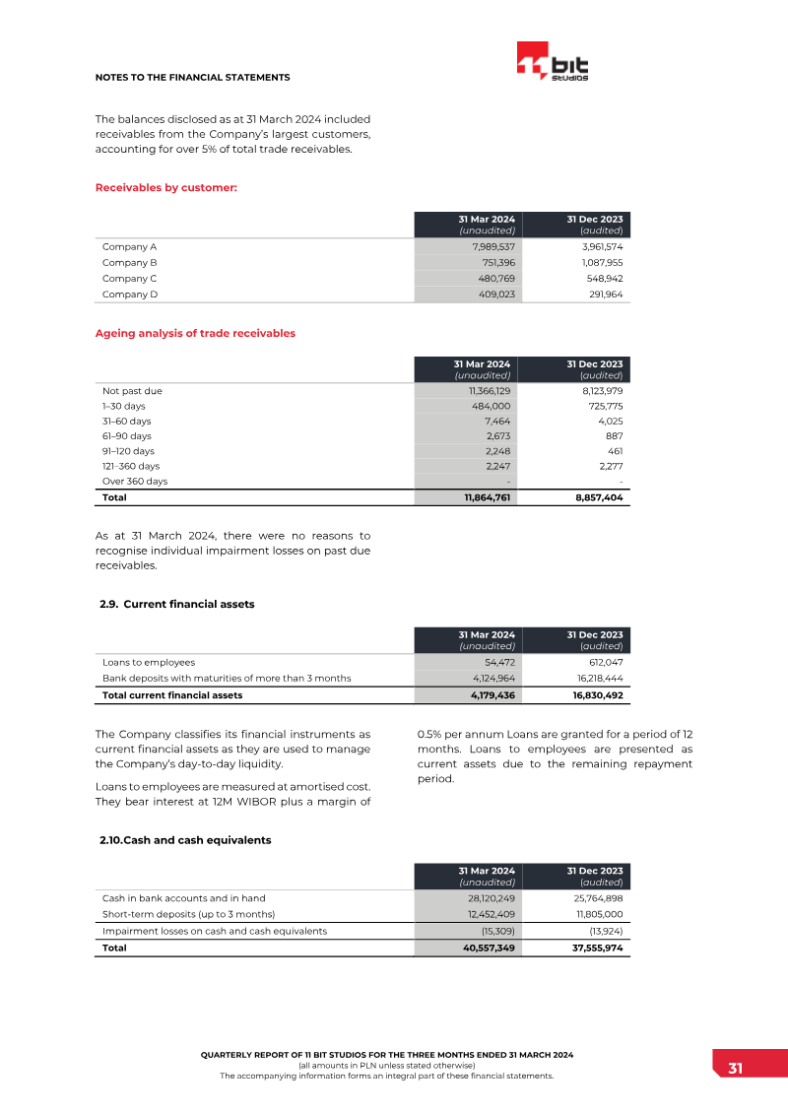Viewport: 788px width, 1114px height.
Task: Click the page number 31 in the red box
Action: tap(735, 1070)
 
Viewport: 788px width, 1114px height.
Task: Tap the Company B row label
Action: tap(130, 263)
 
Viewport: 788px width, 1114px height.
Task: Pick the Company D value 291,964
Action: tap(600, 294)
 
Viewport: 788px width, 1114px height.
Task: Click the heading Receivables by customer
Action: tap(165, 187)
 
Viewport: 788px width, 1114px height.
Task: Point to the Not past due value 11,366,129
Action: tap(489, 391)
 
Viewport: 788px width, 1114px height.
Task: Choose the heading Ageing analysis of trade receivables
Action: tap(195, 333)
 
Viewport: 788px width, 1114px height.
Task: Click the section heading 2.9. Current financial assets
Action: tap(177, 604)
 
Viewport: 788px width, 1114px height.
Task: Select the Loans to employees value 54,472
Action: tap(496, 663)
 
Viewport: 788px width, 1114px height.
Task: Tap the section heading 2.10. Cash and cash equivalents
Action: tap(185, 840)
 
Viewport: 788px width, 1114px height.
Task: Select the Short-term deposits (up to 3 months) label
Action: tap(189, 915)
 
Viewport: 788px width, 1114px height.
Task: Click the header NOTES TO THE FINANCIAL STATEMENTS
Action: tap(192, 77)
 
